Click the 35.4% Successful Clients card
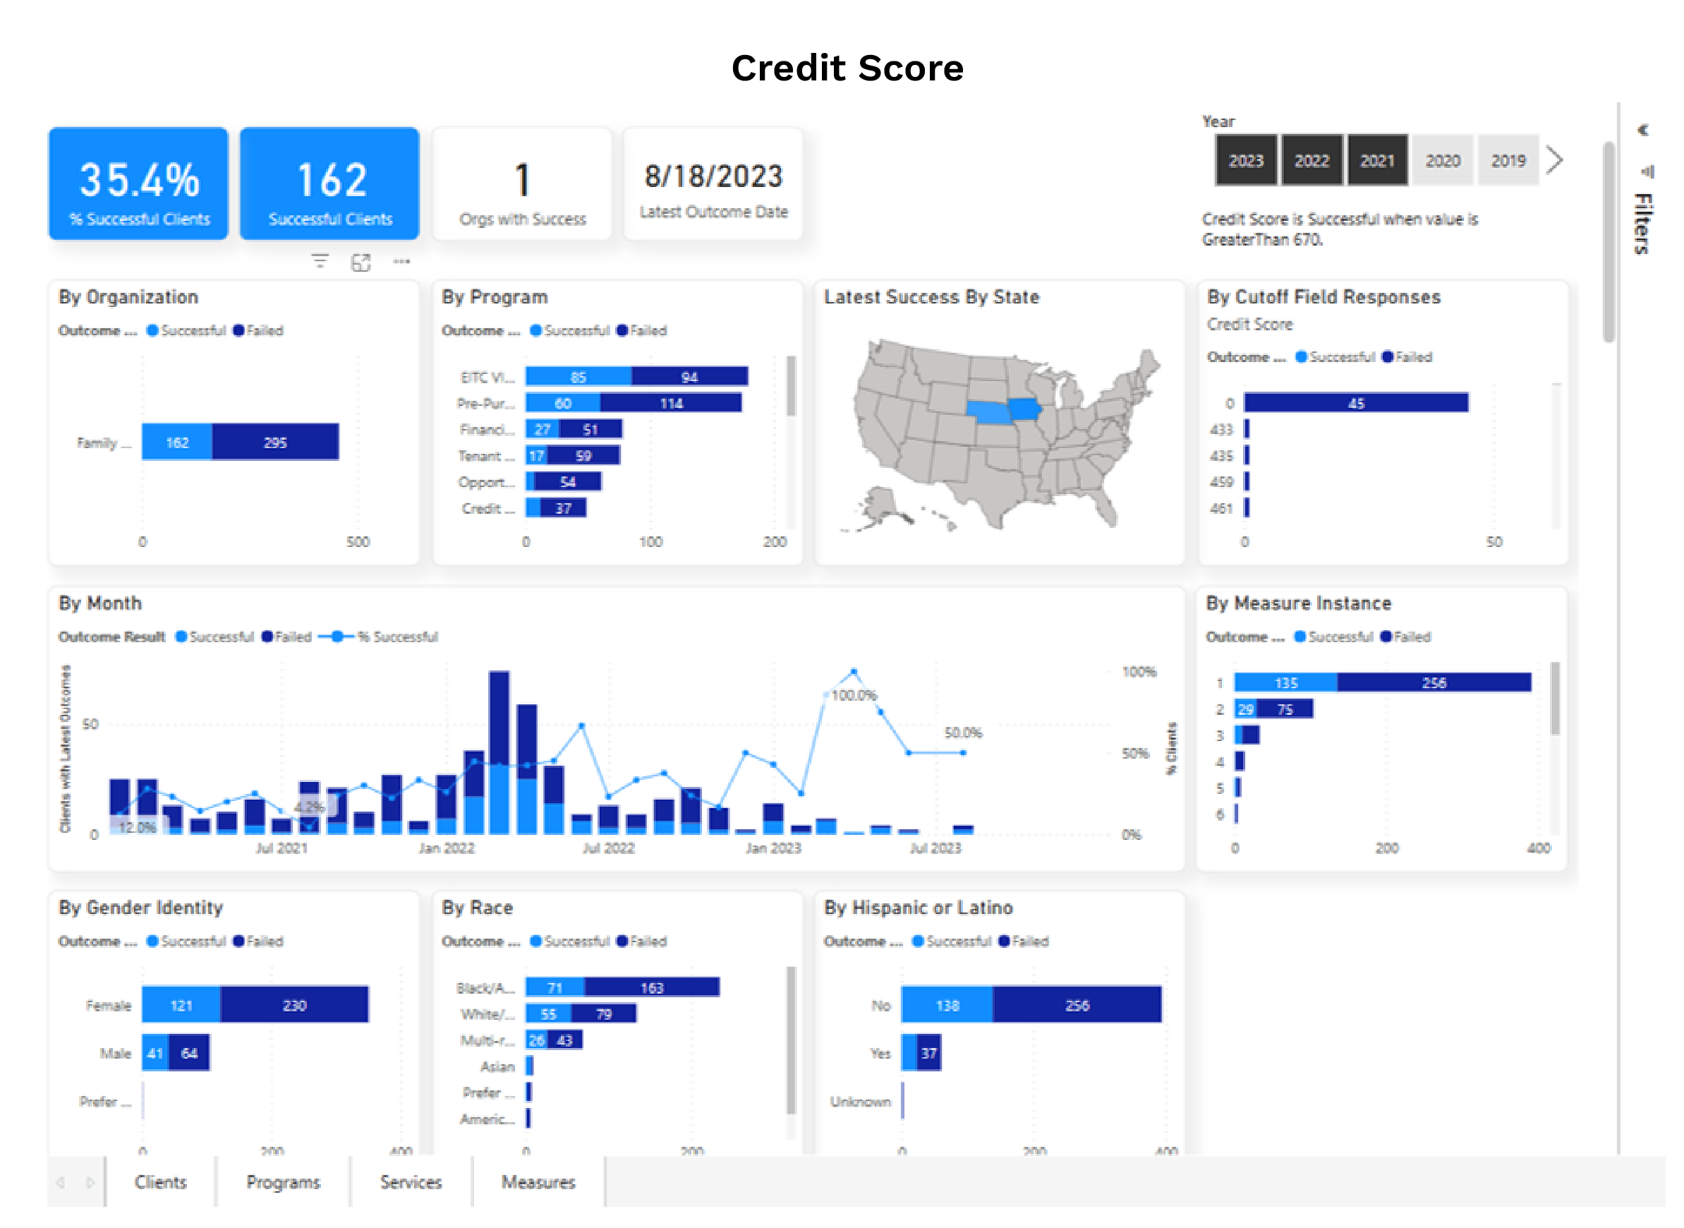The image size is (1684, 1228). pos(138,183)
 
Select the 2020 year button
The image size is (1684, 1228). pos(1442,161)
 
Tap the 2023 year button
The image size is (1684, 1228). pos(1245,161)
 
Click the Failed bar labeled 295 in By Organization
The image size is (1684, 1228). pos(275,443)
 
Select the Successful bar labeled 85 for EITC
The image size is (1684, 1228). pos(579,377)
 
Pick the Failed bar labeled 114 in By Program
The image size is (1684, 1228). pos(670,403)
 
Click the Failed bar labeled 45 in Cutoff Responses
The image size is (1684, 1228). pos(1355,403)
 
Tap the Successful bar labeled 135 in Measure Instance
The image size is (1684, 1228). pos(1285,682)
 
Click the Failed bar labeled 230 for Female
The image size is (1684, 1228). pos(294,1005)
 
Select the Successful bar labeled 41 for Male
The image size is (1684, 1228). pos(155,1052)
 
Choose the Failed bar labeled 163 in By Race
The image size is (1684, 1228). pos(651,987)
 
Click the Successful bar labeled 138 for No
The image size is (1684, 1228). pos(947,1005)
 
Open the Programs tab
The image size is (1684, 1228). pos(283,1182)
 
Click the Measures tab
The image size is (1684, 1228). pos(538,1182)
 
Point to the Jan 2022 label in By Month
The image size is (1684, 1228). pos(446,848)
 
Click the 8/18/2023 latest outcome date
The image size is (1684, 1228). pos(713,177)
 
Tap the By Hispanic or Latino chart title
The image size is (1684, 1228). pos(918,908)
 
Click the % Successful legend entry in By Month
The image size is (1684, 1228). pos(397,637)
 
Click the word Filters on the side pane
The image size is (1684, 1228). pos(1643,223)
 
